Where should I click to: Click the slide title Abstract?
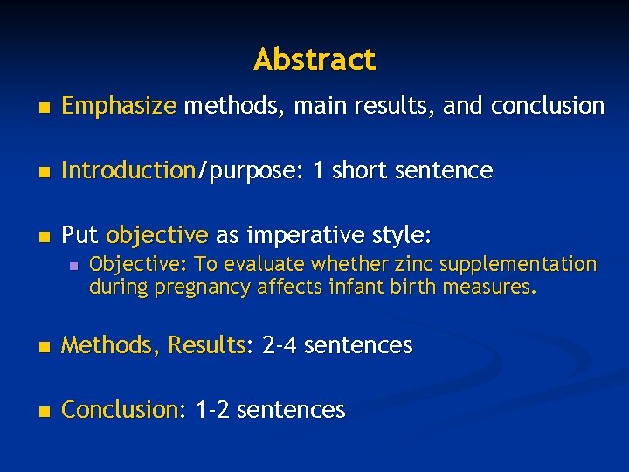(314, 59)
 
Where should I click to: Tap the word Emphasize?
(119, 107)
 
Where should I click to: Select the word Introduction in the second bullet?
(128, 170)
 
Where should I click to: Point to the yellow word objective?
(156, 235)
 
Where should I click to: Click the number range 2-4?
(280, 345)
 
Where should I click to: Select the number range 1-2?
(213, 409)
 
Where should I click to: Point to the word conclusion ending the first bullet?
(548, 107)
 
